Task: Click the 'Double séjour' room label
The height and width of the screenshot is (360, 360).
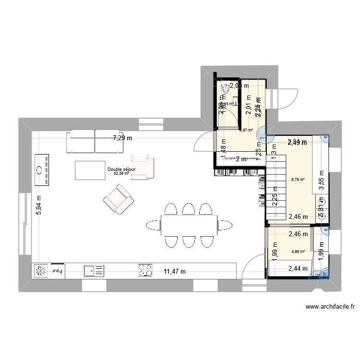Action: click(x=121, y=169)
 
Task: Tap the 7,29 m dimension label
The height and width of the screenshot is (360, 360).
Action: click(x=121, y=138)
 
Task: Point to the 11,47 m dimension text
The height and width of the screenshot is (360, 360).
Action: click(x=174, y=272)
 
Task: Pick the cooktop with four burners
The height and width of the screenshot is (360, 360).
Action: click(x=145, y=270)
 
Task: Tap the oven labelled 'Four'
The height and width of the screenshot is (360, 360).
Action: click(x=58, y=271)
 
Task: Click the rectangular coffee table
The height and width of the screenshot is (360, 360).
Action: click(x=90, y=169)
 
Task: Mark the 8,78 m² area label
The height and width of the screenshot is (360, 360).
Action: click(x=298, y=180)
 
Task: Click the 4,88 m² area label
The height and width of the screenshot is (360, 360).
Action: click(x=298, y=251)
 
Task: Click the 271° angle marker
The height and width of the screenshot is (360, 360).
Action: click(x=262, y=138)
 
